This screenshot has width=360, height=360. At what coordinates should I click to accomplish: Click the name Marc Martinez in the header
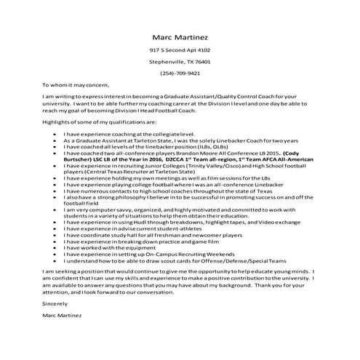(x=180, y=36)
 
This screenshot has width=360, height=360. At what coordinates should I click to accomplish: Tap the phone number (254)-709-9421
(x=180, y=73)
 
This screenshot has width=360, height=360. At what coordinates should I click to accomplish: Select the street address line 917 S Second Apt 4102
(x=180, y=50)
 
